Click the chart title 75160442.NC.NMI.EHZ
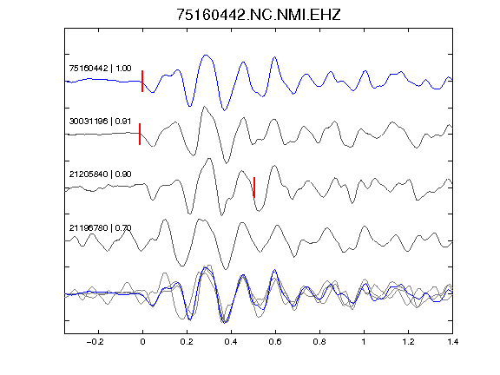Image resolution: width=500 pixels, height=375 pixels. (x=259, y=15)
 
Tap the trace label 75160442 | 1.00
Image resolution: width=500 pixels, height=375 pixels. (x=100, y=69)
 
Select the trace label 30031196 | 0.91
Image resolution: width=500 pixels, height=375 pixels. (x=100, y=122)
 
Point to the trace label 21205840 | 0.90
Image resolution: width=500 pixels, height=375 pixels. (x=100, y=174)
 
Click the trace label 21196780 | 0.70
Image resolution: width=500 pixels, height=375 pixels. (x=100, y=227)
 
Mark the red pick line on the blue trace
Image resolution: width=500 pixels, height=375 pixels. (x=142, y=81)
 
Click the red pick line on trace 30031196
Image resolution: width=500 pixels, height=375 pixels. (x=140, y=134)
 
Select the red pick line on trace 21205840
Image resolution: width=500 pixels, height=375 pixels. (x=254, y=187)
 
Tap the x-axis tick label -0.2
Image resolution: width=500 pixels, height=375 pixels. (x=95, y=342)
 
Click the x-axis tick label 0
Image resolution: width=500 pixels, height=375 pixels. (x=142, y=342)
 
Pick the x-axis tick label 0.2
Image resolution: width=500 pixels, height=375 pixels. (x=187, y=342)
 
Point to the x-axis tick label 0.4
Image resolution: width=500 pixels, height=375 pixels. (x=231, y=342)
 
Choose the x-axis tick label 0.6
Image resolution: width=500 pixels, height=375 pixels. (x=275, y=342)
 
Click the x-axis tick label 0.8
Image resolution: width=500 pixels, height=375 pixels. (x=319, y=342)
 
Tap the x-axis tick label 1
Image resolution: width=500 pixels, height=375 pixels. (x=364, y=342)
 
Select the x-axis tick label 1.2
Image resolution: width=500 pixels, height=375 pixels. (x=408, y=342)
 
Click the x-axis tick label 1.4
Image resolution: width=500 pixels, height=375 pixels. (x=452, y=342)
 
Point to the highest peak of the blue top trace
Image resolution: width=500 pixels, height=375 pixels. (x=206, y=55)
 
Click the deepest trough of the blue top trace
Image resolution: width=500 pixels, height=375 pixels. (x=225, y=110)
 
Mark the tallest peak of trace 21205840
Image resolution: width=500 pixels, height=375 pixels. (x=209, y=159)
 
